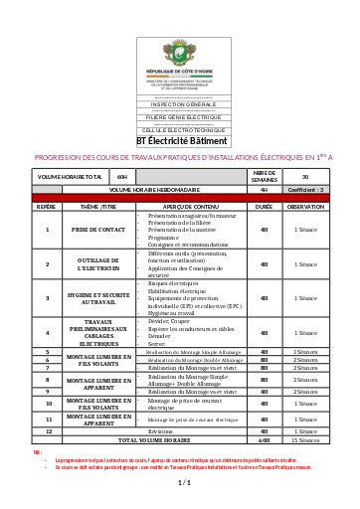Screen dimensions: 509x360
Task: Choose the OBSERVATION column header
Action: (x=305, y=207)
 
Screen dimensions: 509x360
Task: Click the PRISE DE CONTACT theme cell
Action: (x=97, y=230)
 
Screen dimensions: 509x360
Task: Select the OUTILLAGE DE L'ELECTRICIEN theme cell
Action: (x=97, y=264)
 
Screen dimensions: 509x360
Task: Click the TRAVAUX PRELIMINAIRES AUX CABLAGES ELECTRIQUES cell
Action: (x=97, y=332)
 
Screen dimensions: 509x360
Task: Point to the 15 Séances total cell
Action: (x=305, y=439)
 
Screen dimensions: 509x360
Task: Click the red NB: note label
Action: (x=37, y=451)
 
